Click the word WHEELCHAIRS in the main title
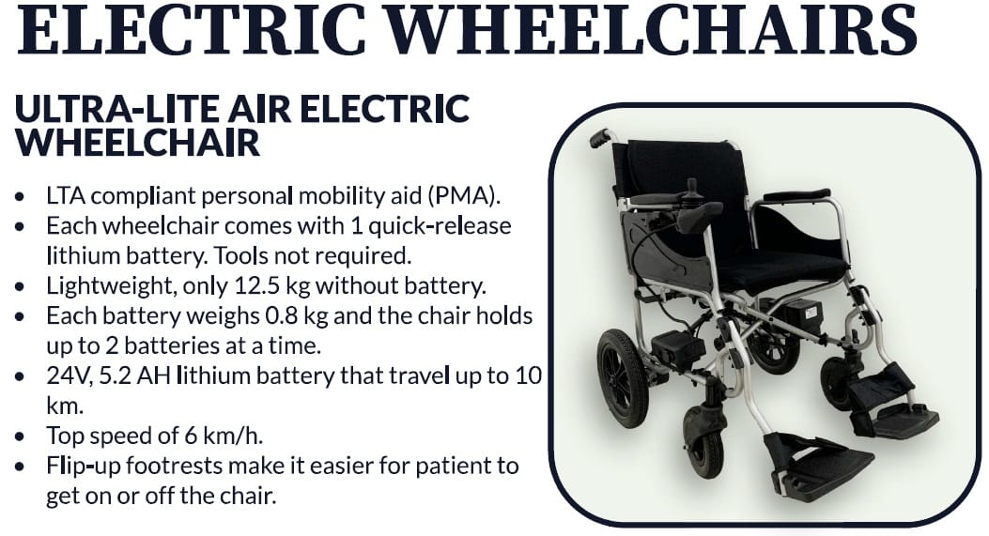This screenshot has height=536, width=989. [650, 29]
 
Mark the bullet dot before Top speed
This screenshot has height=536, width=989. [21, 436]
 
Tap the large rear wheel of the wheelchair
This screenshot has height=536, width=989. [622, 377]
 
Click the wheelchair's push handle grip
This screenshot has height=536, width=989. [602, 137]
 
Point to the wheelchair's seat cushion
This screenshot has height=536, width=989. [782, 269]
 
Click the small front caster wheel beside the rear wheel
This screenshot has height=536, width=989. [703, 441]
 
